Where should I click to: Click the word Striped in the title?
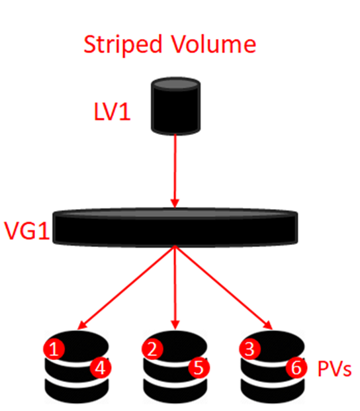[123, 44]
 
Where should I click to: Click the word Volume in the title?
[214, 44]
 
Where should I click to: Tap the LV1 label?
[112, 112]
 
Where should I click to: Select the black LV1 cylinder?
[175, 106]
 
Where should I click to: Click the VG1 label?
[26, 231]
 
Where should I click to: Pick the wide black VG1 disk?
[175, 227]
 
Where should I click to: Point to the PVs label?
[334, 368]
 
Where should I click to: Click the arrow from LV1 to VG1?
[175, 171]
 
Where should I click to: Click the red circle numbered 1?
[54, 349]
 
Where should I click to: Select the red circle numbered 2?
[152, 349]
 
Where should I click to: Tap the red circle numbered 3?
[249, 349]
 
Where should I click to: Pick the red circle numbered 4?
[101, 368]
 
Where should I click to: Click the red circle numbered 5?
[199, 368]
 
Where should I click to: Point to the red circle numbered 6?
[296, 368]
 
